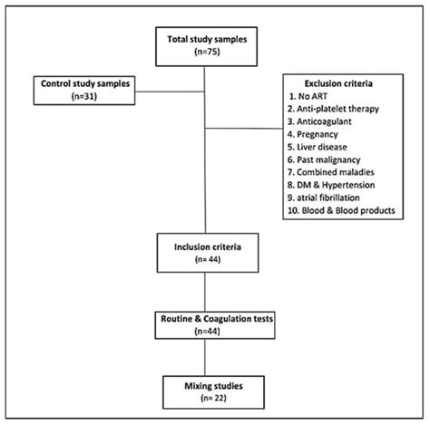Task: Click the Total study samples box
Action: click(210, 47)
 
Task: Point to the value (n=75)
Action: click(210, 54)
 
